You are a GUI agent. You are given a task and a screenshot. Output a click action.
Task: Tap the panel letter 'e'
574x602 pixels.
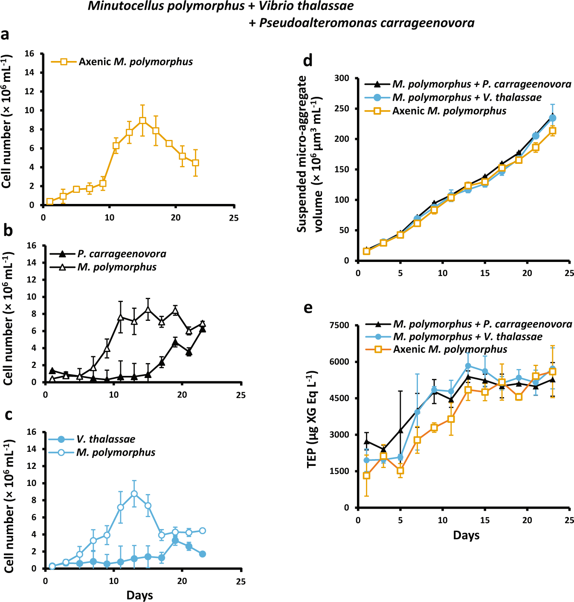(308, 308)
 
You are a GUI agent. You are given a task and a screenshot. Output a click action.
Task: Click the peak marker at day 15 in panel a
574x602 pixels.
(142, 121)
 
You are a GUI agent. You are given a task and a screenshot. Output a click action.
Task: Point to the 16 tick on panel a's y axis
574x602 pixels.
(29, 54)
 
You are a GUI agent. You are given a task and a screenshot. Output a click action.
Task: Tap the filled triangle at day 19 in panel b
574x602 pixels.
(175, 342)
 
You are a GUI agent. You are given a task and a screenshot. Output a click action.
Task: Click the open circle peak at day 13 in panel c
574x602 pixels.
(134, 494)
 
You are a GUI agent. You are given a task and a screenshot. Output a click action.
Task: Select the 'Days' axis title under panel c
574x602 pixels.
(139, 595)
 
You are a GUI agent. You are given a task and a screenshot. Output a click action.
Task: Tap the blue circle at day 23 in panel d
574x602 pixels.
(552, 118)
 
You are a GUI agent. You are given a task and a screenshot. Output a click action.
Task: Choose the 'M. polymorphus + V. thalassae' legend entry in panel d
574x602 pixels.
(467, 97)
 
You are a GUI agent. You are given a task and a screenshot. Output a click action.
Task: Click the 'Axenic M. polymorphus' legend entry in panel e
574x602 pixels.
(450, 349)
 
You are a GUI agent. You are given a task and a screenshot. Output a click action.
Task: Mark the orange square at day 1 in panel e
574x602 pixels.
(366, 475)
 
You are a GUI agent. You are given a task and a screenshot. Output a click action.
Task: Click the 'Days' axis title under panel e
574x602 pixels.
(466, 535)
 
